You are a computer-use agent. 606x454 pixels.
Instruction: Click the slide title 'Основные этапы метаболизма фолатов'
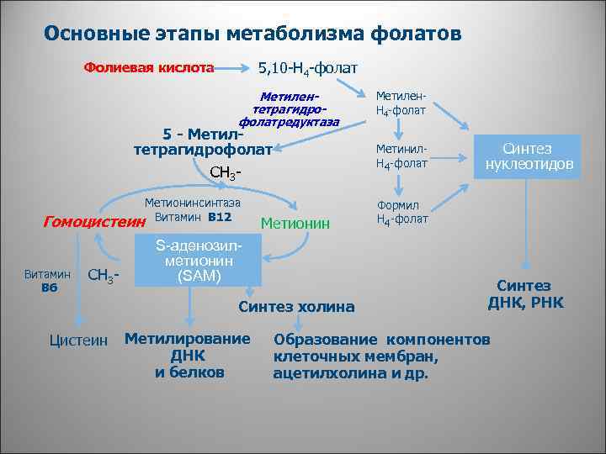coord(252,34)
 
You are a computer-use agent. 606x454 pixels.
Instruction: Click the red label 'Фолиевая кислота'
coord(148,66)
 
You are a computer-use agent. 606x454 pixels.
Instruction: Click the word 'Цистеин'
coord(79,340)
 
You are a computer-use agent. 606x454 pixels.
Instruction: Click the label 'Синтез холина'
coord(296,306)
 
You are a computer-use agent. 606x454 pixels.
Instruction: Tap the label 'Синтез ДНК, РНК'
coord(526,294)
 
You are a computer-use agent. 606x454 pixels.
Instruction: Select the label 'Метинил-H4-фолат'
coord(401,156)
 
